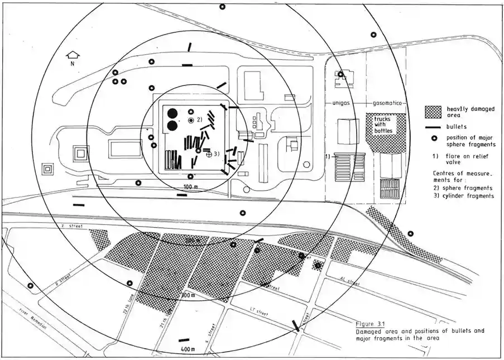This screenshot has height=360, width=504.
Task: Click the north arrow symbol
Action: (71, 55)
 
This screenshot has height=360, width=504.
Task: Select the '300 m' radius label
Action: (187, 294)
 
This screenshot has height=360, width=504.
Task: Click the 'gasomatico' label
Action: (385, 104)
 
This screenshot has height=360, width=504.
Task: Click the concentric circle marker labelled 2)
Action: (191, 121)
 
